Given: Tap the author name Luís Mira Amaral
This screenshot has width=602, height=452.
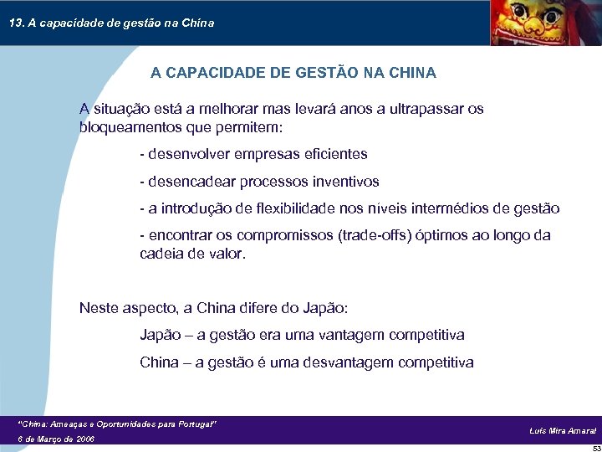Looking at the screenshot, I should pyautogui.click(x=563, y=430).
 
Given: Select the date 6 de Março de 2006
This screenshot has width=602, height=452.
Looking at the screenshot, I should pyautogui.click(x=56, y=439).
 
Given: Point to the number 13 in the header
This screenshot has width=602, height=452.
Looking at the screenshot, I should pyautogui.click(x=15, y=23).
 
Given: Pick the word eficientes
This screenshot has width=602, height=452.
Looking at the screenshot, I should pyautogui.click(x=333, y=154).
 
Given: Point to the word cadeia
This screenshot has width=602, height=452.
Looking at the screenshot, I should pyautogui.click(x=161, y=254).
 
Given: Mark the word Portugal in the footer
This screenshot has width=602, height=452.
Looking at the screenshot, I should pyautogui.click(x=196, y=425).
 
